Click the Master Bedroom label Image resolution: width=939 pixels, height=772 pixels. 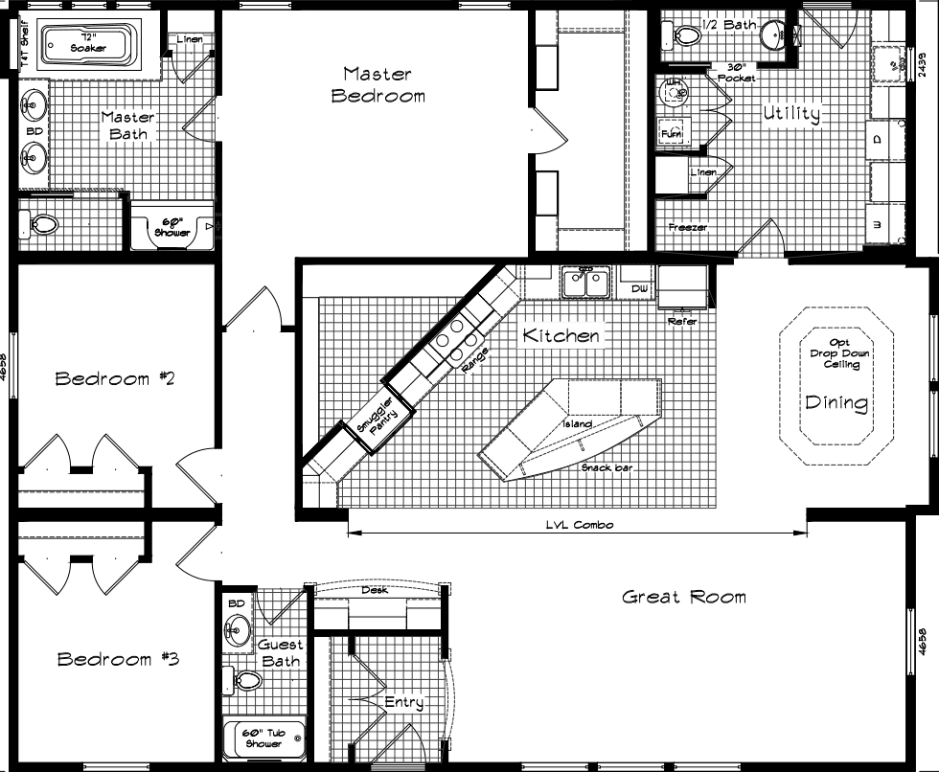378,84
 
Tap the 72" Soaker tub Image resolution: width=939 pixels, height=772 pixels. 87,44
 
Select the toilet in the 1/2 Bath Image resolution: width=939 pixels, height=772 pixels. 686,36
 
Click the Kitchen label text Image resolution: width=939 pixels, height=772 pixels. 561,335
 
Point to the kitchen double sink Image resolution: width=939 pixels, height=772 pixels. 584,284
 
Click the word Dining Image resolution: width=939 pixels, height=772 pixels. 836,402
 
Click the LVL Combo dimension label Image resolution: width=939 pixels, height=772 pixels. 579,525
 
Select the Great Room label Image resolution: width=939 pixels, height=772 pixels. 683,597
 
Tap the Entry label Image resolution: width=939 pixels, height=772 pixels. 403,702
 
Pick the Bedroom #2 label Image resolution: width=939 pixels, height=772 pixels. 114,378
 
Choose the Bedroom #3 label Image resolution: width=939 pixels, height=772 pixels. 117,659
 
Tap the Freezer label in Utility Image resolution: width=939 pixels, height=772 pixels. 688,227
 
